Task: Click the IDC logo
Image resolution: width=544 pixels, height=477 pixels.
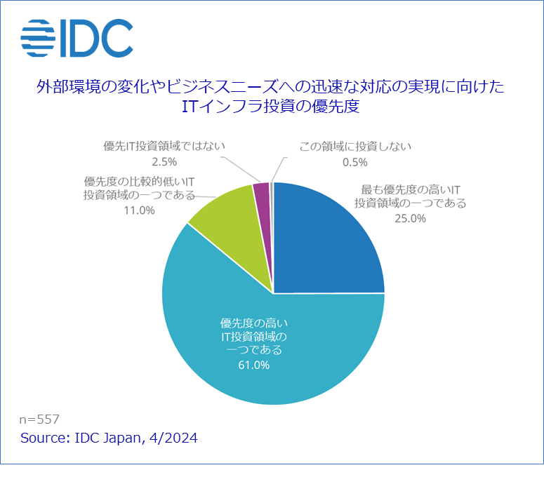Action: click(77, 38)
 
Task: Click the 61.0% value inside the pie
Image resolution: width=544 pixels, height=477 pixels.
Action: click(254, 365)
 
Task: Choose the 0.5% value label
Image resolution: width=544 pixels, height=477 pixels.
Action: click(354, 162)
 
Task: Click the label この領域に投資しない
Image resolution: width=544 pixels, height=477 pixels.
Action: click(354, 147)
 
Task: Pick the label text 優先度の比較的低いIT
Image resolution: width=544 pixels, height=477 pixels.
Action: click(139, 181)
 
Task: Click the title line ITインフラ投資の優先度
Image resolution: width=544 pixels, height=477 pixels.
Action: click(270, 107)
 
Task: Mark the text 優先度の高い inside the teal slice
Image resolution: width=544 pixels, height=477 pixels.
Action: click(254, 323)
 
